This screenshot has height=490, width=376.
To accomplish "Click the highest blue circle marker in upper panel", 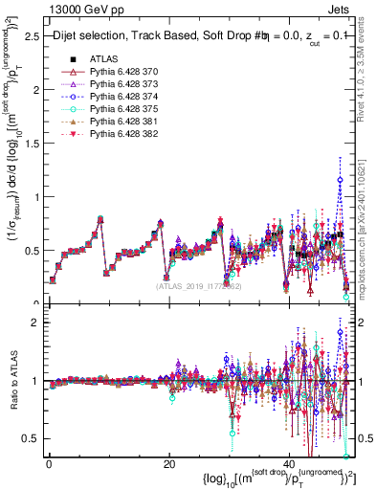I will click(339, 179).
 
